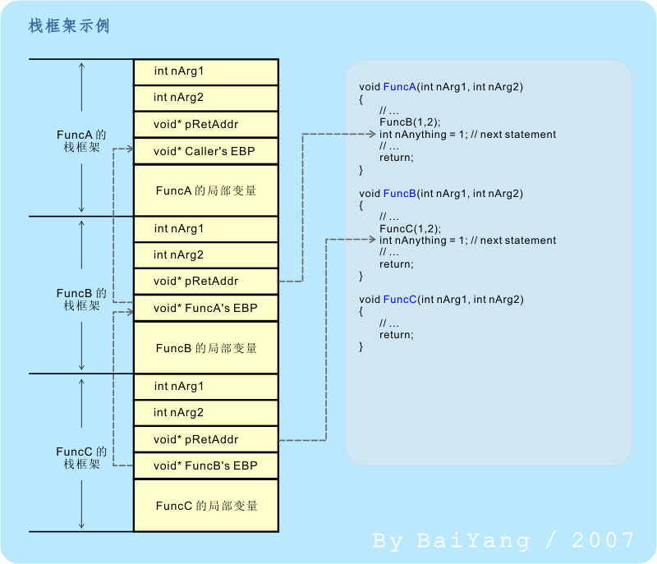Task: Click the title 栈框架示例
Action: [68, 26]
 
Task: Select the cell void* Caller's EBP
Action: [205, 151]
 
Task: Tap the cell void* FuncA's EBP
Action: [205, 308]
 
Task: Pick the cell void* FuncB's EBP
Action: [205, 465]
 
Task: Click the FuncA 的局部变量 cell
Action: [205, 190]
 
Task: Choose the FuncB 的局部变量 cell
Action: [205, 348]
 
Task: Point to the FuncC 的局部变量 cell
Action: [205, 506]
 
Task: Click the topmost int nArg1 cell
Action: [205, 71]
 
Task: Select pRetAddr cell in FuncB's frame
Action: [205, 282]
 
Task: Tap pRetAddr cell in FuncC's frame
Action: [205, 439]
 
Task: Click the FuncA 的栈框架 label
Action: [81, 141]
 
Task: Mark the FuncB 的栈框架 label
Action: [81, 299]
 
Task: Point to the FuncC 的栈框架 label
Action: [81, 457]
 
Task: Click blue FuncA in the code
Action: [399, 87]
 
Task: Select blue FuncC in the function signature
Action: [399, 300]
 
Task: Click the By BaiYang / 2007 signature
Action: [503, 540]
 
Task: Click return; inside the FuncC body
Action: [397, 335]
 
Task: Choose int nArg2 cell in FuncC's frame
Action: [205, 413]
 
